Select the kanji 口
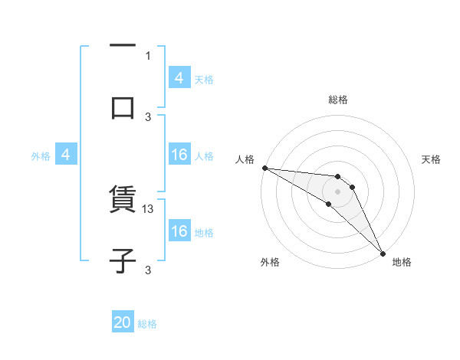(x=123, y=107)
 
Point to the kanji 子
(x=123, y=260)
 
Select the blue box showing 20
(x=123, y=323)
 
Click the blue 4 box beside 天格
(x=179, y=78)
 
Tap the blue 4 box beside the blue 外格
(x=66, y=155)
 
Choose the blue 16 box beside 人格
(x=179, y=155)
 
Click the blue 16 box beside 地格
(x=179, y=231)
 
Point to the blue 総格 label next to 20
(x=147, y=324)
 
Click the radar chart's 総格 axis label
(x=337, y=100)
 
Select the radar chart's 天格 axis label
(x=431, y=159)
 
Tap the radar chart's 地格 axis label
(x=402, y=262)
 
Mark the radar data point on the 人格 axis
(x=264, y=168)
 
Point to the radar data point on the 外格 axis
(x=329, y=204)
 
